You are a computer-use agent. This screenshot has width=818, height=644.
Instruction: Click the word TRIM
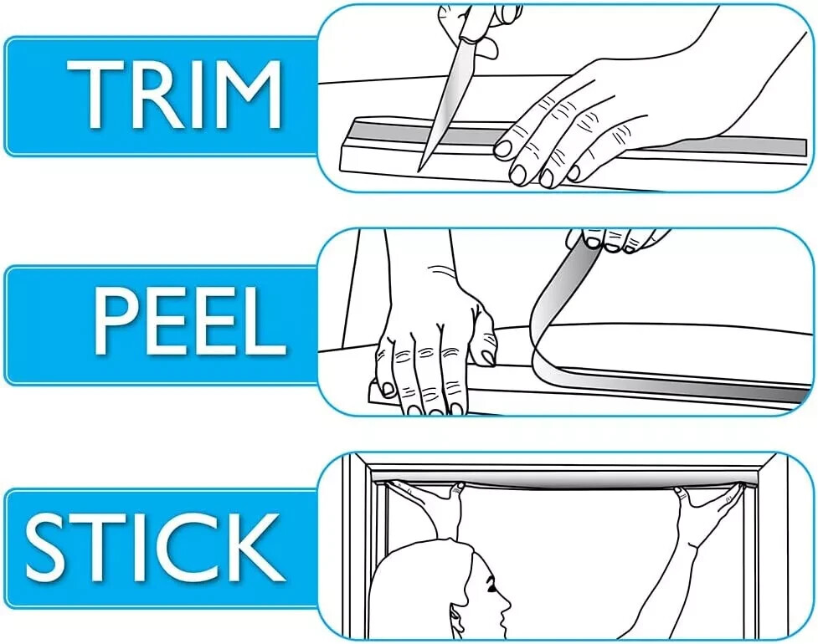[x=175, y=95]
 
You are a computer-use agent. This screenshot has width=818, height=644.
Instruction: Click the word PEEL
[x=190, y=320]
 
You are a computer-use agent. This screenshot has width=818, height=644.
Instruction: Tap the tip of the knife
[x=419, y=171]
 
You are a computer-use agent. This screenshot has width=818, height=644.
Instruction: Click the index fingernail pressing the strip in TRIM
[x=503, y=149]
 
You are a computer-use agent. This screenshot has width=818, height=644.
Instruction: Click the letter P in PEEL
[x=114, y=320]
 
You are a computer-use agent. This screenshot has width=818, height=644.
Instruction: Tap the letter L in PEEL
[x=266, y=320]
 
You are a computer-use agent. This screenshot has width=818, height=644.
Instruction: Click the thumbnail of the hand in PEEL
[x=488, y=357]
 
